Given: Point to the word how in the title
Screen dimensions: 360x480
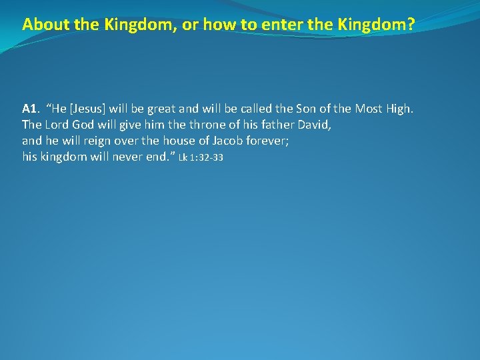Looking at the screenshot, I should coord(208,25).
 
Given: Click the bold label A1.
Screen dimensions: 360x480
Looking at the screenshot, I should coord(29,108).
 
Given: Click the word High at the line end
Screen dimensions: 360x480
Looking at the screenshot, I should coord(399,108).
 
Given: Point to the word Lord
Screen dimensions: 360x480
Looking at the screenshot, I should coord(57,125).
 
